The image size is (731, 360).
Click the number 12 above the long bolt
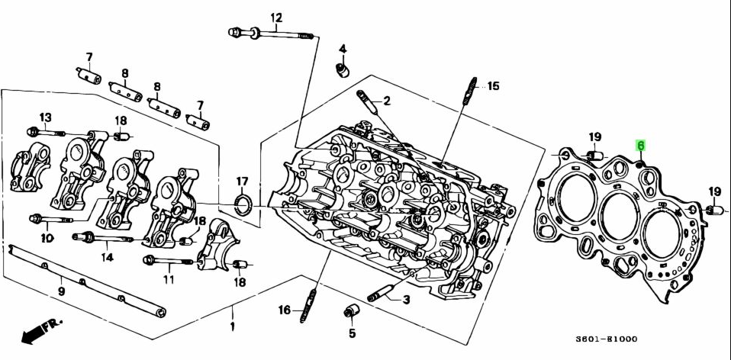[275, 17]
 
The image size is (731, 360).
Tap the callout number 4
[343, 50]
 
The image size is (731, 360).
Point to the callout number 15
[493, 86]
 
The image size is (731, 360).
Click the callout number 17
[242, 182]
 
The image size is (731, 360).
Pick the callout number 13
[46, 117]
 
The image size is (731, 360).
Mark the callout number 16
[284, 310]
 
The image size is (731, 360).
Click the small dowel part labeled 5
[352, 313]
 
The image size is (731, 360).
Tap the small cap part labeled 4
[343, 71]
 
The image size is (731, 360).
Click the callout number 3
[406, 300]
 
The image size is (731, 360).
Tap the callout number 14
[107, 257]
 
